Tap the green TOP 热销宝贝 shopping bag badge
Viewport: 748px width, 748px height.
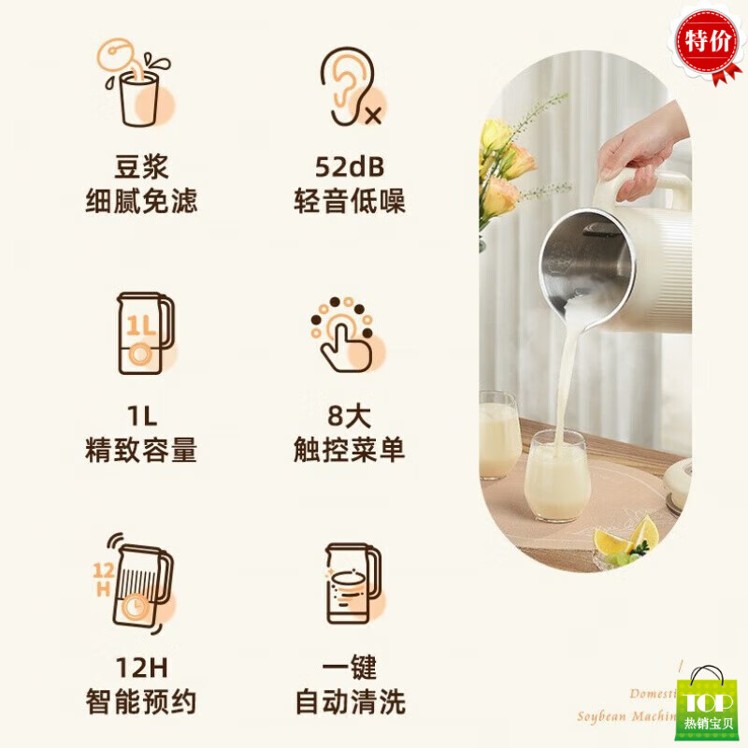pyautogui.click(x=708, y=702)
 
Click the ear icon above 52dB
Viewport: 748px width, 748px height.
pyautogui.click(x=349, y=86)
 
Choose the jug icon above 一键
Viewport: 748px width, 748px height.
pyautogui.click(x=351, y=583)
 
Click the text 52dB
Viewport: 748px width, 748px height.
pyautogui.click(x=350, y=168)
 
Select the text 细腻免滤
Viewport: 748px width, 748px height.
pyautogui.click(x=141, y=201)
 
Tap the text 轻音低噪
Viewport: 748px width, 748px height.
pyautogui.click(x=350, y=201)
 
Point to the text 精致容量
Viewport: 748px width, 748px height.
pyautogui.click(x=141, y=451)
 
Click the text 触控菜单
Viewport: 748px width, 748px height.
pyautogui.click(x=350, y=451)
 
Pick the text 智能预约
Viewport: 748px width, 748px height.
pyautogui.click(x=141, y=700)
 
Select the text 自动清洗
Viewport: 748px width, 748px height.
pyautogui.click(x=350, y=700)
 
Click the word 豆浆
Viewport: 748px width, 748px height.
pyautogui.click(x=141, y=168)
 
